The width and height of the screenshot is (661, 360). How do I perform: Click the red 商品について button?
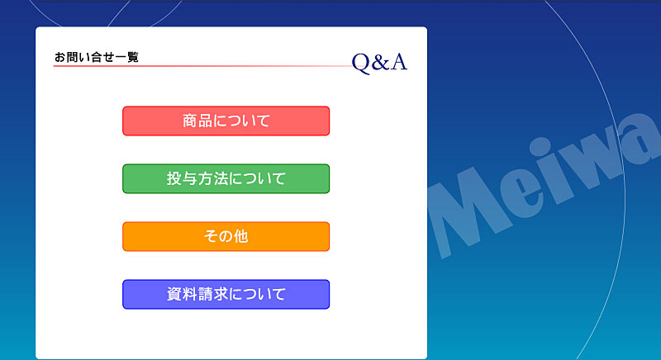[226, 121]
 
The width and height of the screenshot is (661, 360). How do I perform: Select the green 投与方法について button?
[226, 178]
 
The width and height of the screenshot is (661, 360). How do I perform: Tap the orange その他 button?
[226, 236]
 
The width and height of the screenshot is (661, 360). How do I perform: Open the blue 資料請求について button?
[226, 294]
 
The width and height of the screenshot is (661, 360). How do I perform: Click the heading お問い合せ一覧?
[97, 57]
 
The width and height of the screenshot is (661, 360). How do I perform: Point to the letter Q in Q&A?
[361, 63]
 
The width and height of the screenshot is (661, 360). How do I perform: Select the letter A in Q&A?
[398, 62]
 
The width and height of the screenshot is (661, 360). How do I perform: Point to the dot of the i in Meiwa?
[540, 146]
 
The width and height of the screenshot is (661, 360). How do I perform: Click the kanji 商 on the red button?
[190, 121]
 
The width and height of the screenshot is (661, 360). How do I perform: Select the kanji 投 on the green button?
[174, 178]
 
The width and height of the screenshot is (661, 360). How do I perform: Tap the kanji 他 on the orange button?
[240, 236]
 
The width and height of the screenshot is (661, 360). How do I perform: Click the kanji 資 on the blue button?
[174, 294]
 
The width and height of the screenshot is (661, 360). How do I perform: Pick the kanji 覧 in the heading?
[133, 57]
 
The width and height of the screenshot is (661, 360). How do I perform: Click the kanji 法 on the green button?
[221, 178]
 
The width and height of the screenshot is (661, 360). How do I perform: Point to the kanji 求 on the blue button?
[221, 294]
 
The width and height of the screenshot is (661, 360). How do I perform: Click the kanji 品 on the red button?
[205, 121]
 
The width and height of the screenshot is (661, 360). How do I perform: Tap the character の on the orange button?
[226, 237]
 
